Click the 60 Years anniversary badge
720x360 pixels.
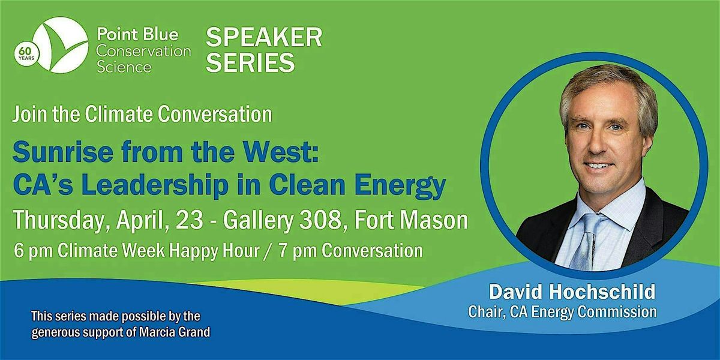tap(26, 53)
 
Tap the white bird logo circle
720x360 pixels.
tap(61, 45)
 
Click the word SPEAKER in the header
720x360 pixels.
tap(264, 37)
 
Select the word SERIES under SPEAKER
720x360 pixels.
tap(250, 62)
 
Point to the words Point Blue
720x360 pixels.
tap(137, 34)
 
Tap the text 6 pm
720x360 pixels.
tap(33, 251)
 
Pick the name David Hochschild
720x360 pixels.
tap(572, 292)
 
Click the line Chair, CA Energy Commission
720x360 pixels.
tap(563, 312)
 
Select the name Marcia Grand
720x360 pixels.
tap(175, 332)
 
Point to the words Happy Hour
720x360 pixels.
tap(214, 251)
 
